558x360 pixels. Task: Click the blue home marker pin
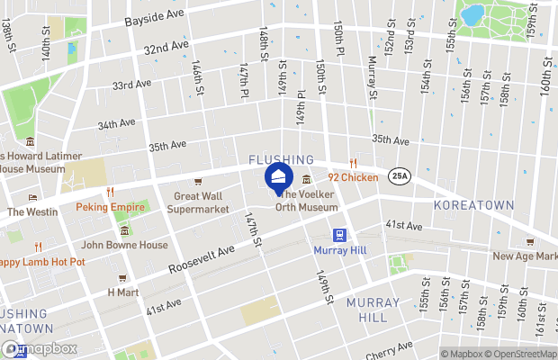pos(278,175)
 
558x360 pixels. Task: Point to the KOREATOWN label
pos(472,206)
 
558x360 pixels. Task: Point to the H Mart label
pos(123,292)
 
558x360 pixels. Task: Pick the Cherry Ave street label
pos(391,352)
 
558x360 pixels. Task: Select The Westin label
pos(32,212)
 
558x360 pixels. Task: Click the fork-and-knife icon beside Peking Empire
pos(110,192)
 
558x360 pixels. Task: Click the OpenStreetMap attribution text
pos(521,354)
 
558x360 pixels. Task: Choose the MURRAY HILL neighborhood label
pos(366,309)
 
